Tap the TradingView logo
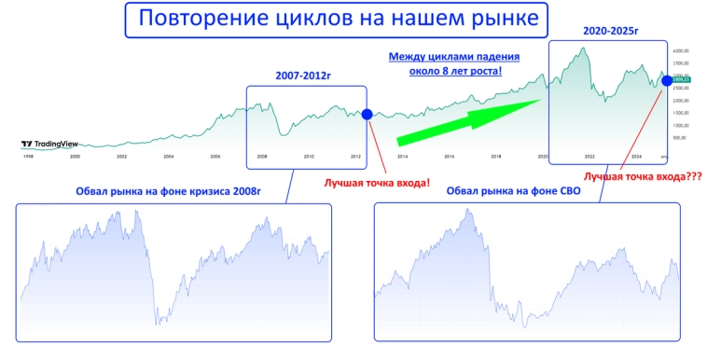point(50,145)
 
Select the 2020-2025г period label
point(610,32)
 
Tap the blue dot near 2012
point(367,114)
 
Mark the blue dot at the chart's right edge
point(667,80)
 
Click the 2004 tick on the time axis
point(169,157)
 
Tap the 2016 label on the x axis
point(450,157)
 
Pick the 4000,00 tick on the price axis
point(680,50)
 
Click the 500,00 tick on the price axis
point(680,137)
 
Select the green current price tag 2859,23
point(680,80)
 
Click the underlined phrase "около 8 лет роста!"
point(454,71)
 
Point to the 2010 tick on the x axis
point(309,157)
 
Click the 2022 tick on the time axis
point(589,157)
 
